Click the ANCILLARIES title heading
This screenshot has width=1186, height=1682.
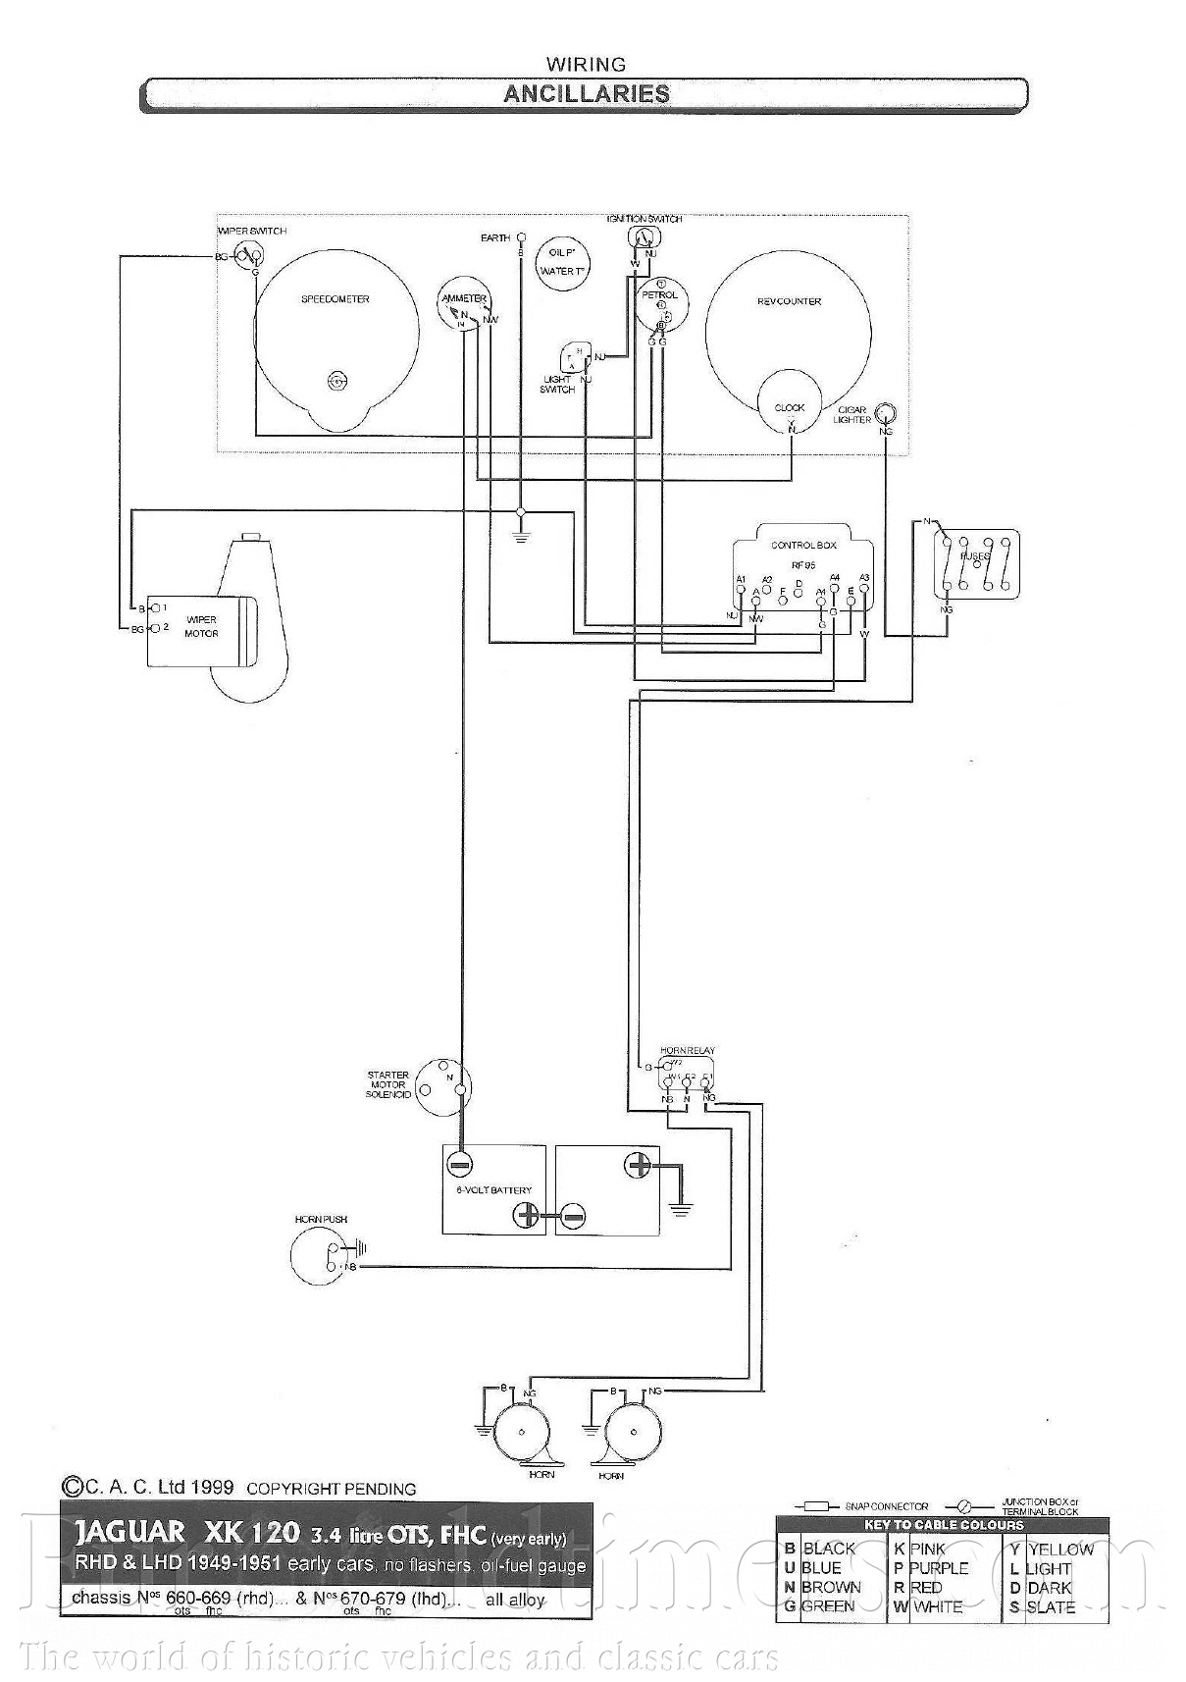[586, 94]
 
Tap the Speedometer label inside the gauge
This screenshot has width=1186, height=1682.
[335, 298]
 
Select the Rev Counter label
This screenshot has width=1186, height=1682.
[789, 301]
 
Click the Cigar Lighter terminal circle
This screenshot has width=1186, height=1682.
[886, 413]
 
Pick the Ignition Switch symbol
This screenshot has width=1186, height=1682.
[642, 238]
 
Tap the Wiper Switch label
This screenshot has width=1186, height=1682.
[252, 231]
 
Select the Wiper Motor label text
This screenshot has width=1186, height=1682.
[201, 626]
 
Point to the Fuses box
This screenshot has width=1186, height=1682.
[975, 563]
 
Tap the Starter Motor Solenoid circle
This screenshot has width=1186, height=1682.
[442, 1086]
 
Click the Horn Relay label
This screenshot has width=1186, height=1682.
[687, 1051]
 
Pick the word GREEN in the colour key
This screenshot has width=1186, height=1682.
[827, 1606]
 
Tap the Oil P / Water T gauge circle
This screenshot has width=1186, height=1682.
[562, 263]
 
